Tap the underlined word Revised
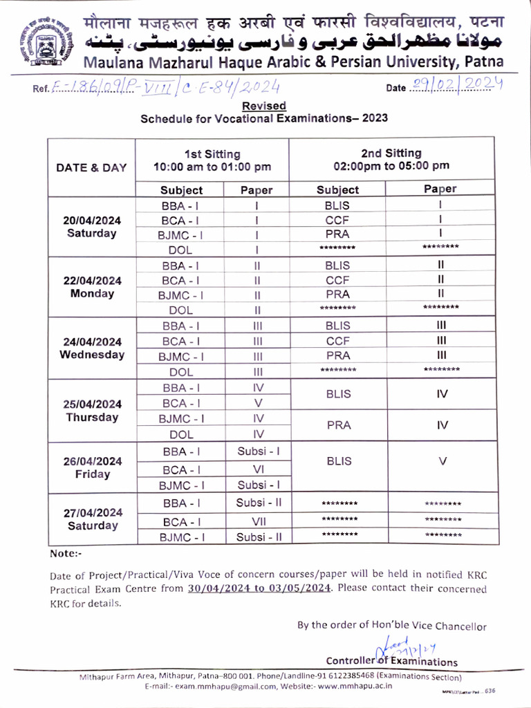click(264, 106)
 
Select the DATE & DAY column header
click(91, 167)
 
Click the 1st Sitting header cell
click(212, 160)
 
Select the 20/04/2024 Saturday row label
click(91, 227)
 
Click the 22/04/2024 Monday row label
click(91, 287)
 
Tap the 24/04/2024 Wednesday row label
click(91, 348)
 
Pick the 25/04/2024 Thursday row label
click(91, 411)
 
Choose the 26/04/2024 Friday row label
click(91, 468)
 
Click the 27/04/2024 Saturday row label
click(91, 519)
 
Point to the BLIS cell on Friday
click(337, 461)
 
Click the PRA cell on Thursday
click(337, 426)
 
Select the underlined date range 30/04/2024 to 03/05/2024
click(259, 589)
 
